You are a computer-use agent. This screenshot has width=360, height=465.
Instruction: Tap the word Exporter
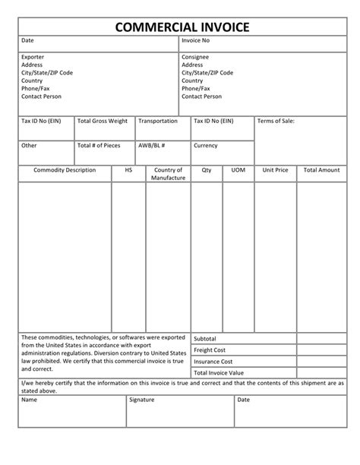(x=33, y=57)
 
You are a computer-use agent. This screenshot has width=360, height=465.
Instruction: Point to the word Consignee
(x=195, y=57)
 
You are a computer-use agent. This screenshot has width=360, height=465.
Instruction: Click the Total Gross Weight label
(x=103, y=121)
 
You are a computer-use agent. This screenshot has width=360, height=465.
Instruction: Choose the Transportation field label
(x=158, y=121)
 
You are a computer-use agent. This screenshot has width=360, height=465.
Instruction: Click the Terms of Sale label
(x=276, y=121)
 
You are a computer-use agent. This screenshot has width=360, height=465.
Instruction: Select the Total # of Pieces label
(x=99, y=145)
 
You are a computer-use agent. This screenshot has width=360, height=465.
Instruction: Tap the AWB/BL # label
(x=152, y=145)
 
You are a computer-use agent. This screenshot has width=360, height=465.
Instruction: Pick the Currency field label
(x=206, y=145)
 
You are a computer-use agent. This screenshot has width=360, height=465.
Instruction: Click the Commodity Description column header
(x=65, y=170)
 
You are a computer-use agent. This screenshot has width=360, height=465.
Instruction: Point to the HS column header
(x=128, y=170)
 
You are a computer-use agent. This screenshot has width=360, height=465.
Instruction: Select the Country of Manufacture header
(x=168, y=174)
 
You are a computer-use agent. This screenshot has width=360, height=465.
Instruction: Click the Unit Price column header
(x=275, y=170)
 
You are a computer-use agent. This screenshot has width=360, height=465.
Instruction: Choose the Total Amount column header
(x=321, y=170)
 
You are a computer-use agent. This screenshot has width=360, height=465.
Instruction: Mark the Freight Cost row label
(x=210, y=350)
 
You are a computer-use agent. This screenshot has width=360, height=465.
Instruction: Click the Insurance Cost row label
(x=213, y=362)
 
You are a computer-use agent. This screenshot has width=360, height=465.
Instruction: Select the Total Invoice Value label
(x=219, y=373)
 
